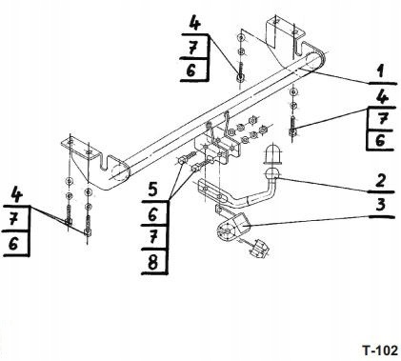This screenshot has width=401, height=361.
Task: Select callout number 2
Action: coord(381,181)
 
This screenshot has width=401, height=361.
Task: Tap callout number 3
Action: coord(381,206)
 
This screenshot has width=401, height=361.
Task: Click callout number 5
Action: coord(153,190)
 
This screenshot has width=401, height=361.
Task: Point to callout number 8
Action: coord(153,262)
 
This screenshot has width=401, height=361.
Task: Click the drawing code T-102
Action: coord(380,351)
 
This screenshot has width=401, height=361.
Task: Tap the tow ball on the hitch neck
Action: coord(271,173)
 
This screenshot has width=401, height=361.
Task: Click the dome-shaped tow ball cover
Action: coord(272,154)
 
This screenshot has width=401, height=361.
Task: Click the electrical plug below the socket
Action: coord(259,249)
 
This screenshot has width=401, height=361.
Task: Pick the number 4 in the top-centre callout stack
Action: coord(196,23)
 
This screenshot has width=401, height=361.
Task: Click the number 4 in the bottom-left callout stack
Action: coord(16,195)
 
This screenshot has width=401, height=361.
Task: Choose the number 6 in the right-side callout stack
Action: coord(380,140)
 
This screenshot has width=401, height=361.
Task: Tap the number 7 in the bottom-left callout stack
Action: coord(13,219)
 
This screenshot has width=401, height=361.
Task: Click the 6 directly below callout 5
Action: coord(152,214)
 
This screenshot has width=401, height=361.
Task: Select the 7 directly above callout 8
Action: coord(153,237)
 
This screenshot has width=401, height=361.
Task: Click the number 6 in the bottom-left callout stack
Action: coord(13,244)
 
